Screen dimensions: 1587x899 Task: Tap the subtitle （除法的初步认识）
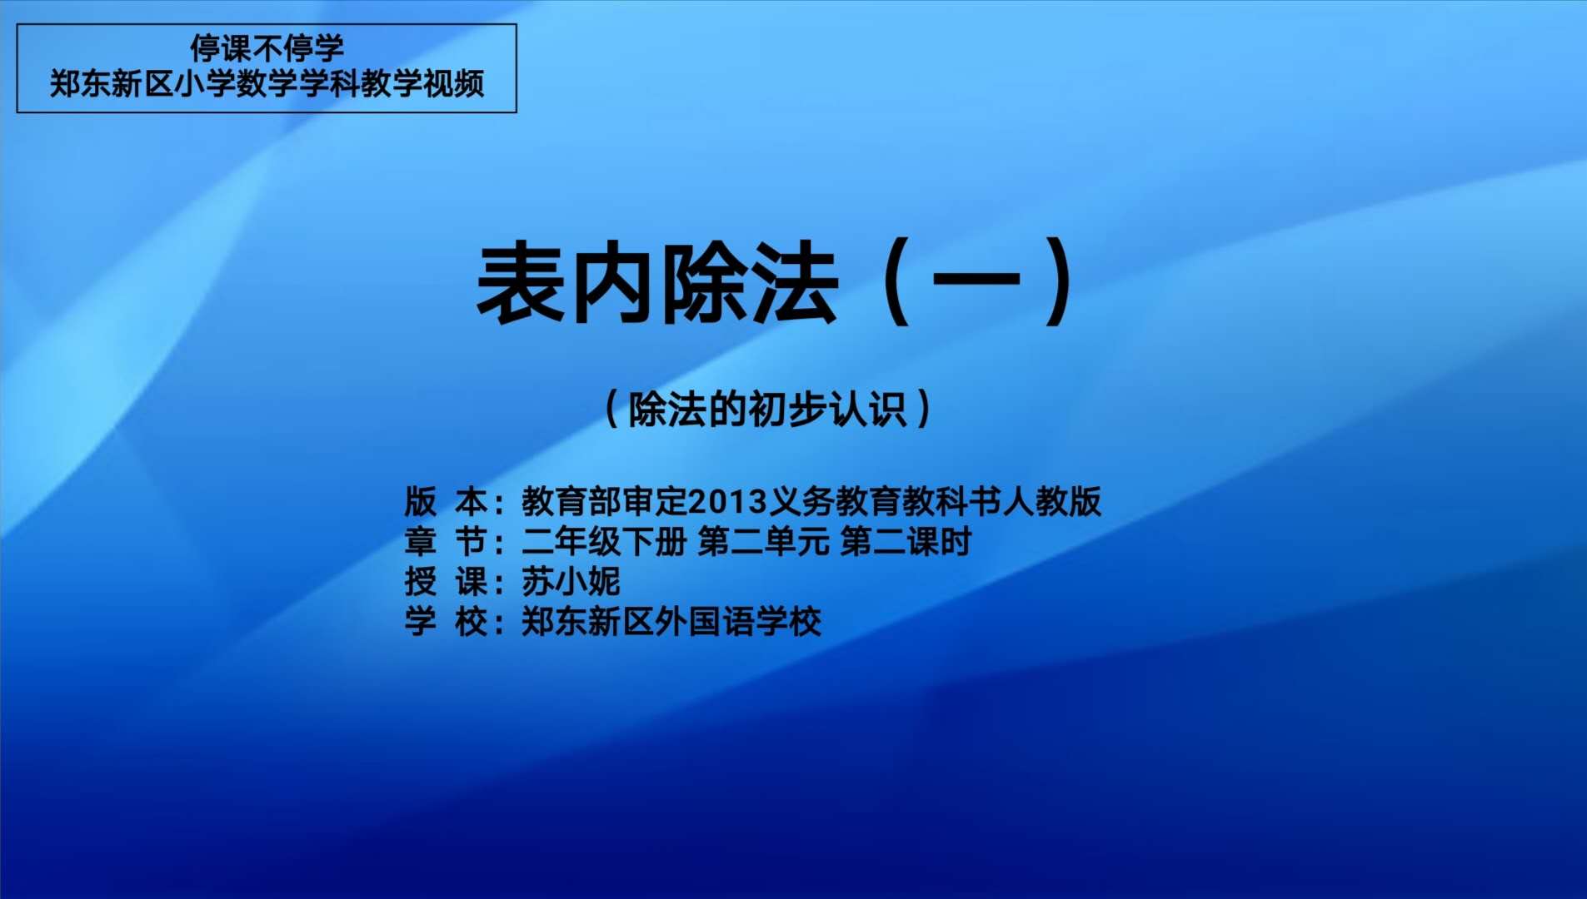click(768, 409)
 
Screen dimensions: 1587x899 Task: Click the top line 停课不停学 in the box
click(267, 48)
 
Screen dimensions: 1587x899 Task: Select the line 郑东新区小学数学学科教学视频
click(267, 83)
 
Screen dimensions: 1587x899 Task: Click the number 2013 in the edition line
click(727, 501)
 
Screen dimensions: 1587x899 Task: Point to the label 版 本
click(446, 501)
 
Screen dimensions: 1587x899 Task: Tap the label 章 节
click(446, 541)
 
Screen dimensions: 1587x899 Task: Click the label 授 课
click(446, 581)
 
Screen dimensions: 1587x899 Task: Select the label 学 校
click(446, 621)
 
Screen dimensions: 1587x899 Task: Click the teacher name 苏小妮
click(571, 581)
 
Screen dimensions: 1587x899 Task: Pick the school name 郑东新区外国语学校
click(671, 621)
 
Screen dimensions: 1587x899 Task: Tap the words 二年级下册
click(604, 541)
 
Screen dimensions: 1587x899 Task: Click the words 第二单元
click(764, 541)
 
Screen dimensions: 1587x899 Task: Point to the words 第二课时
click(906, 541)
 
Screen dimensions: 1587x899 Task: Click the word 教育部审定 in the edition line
click(605, 501)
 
